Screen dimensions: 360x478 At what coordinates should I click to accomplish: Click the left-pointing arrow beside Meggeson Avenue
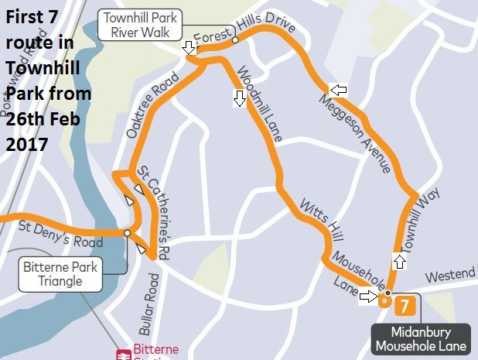338,90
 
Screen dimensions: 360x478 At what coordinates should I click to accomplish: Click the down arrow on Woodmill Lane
239,98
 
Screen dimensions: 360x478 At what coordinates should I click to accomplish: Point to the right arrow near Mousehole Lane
369,296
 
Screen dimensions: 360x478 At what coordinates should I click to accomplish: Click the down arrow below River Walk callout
188,49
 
